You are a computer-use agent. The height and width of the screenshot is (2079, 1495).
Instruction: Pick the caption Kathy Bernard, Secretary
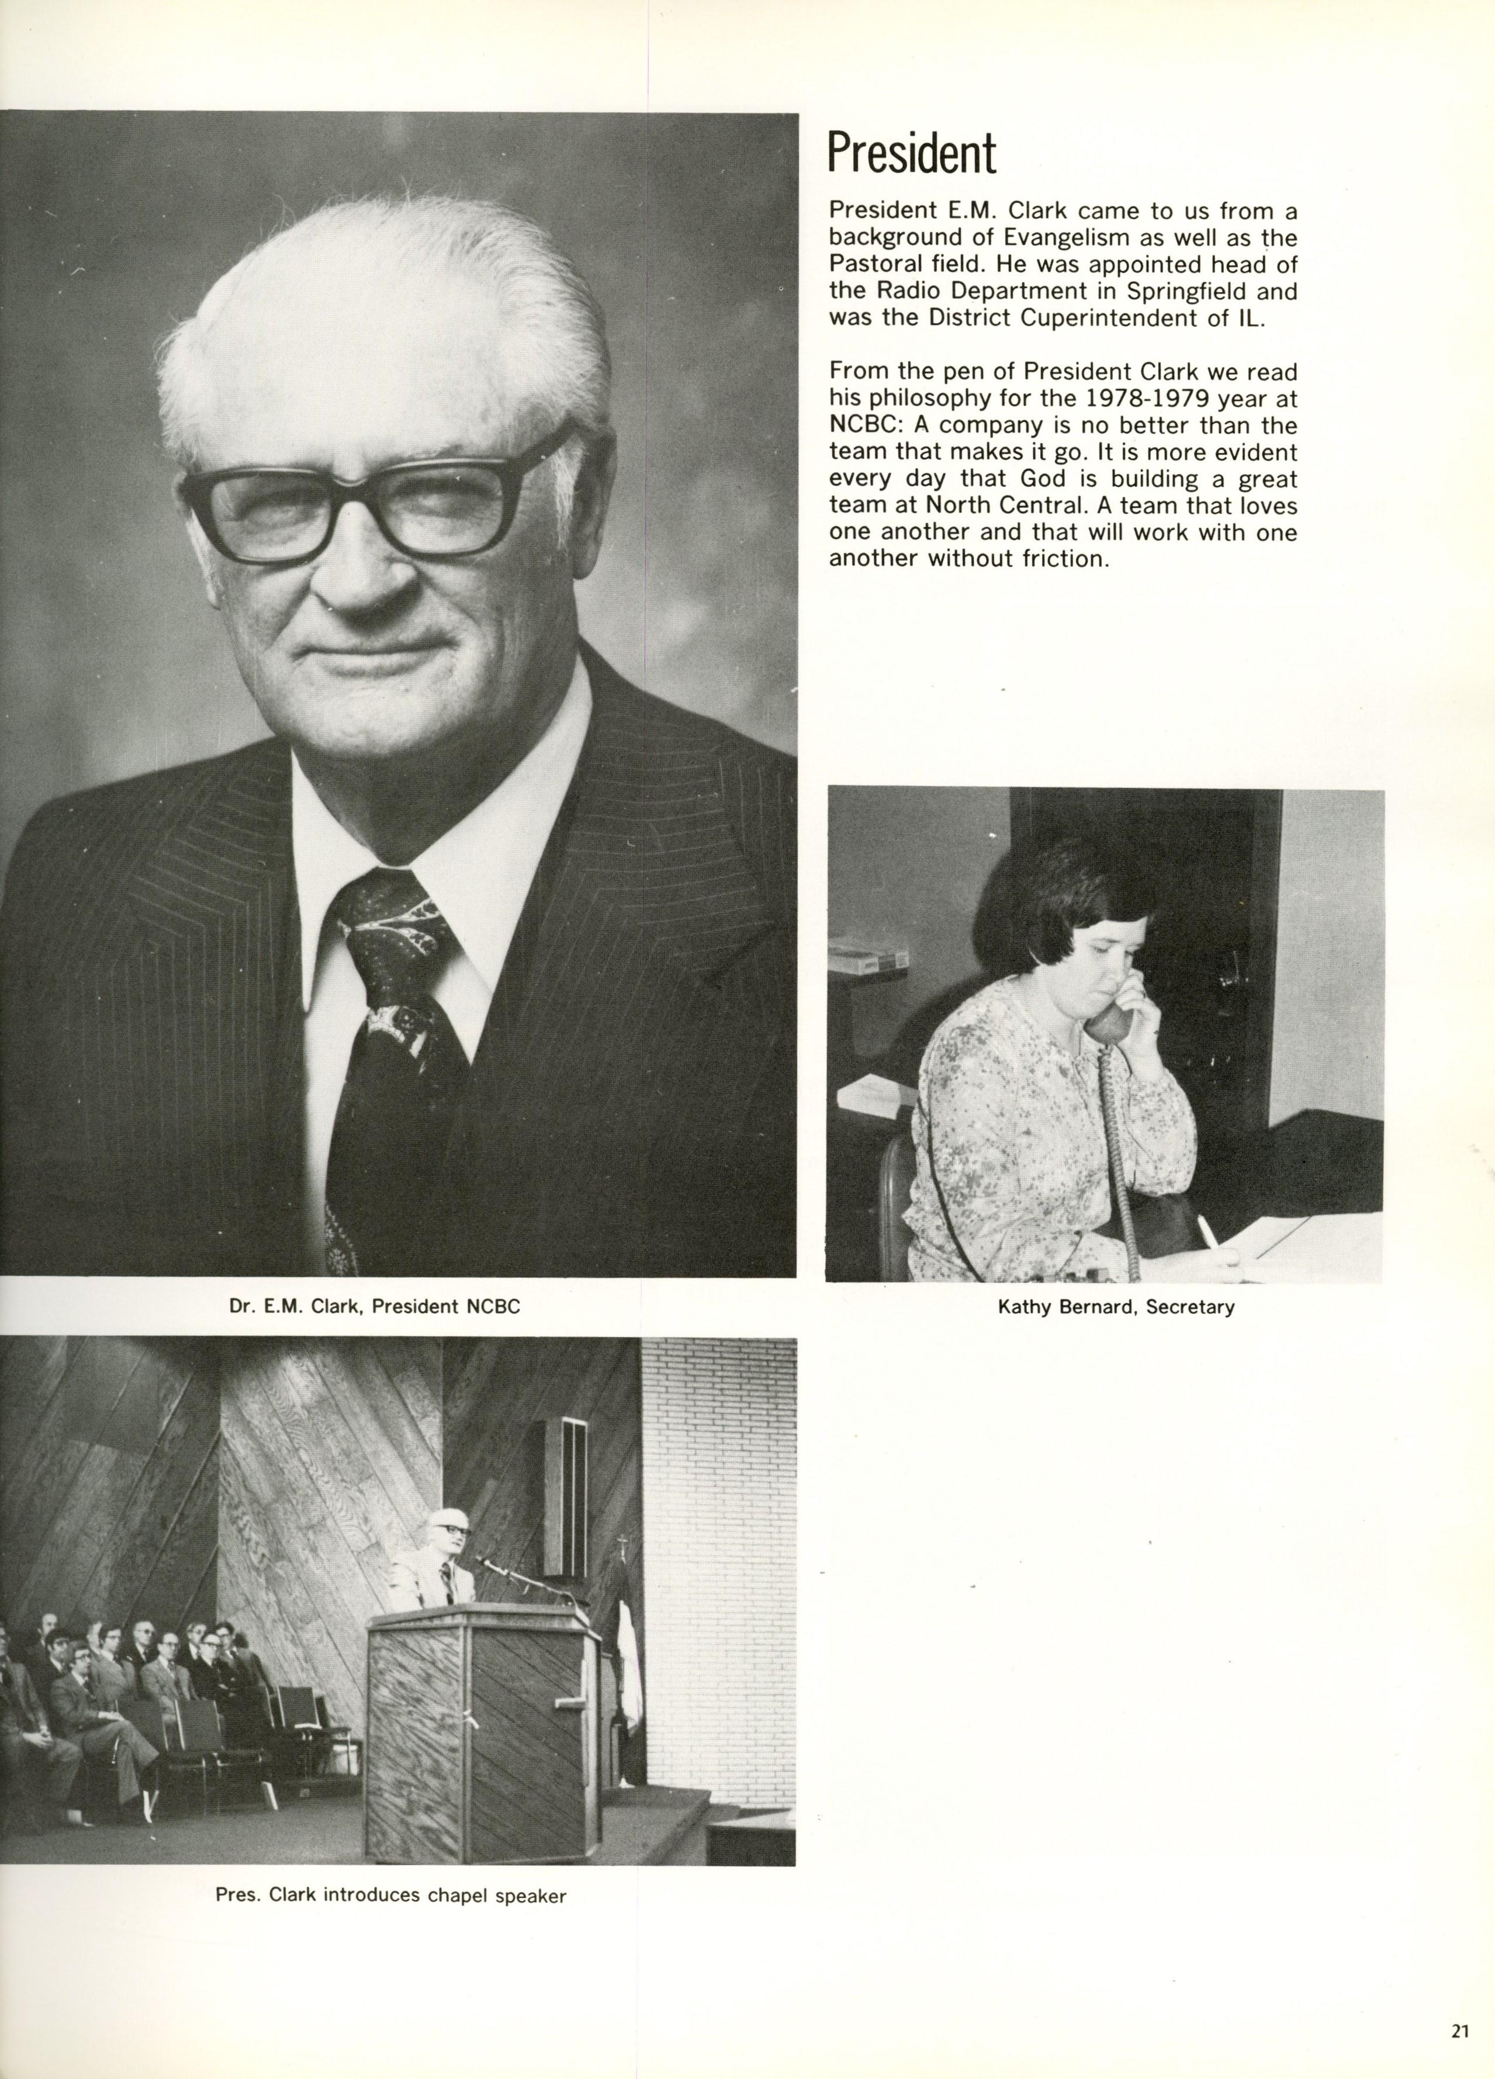(x=1116, y=1306)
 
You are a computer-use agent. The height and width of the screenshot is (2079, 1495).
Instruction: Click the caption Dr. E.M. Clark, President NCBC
(x=374, y=1306)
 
